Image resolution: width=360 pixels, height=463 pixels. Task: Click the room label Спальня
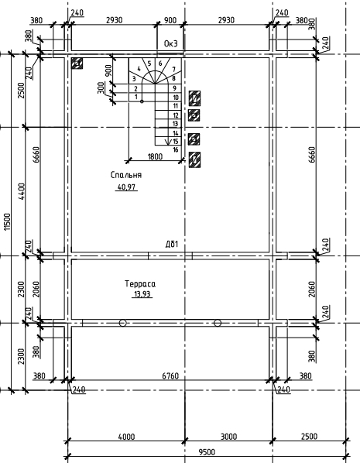[126, 175]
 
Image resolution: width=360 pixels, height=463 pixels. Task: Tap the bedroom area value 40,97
[126, 187]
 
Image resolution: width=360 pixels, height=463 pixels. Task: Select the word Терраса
[140, 284]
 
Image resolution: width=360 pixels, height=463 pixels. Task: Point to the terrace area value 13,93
[142, 294]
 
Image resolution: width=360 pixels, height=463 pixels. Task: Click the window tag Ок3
[171, 43]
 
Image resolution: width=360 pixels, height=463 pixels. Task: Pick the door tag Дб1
[172, 244]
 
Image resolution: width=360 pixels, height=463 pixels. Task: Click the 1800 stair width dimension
[155, 156]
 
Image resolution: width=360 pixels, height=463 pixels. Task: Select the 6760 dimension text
[170, 376]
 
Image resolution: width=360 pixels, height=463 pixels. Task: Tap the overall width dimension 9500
[207, 452]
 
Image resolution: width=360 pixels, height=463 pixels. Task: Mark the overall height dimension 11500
[7, 221]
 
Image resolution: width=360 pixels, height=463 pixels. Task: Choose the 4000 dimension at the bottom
[126, 437]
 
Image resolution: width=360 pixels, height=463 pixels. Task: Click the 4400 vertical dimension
[22, 191]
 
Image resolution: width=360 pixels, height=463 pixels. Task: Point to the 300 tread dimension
[101, 88]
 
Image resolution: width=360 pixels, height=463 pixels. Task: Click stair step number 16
[176, 150]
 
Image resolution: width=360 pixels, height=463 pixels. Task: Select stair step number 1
[136, 97]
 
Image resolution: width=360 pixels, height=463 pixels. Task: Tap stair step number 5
[149, 63]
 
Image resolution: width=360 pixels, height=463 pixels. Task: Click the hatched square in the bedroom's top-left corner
[77, 63]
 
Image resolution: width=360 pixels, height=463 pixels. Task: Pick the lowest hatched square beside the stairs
[194, 159]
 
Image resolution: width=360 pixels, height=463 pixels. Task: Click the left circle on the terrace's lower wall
[123, 323]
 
